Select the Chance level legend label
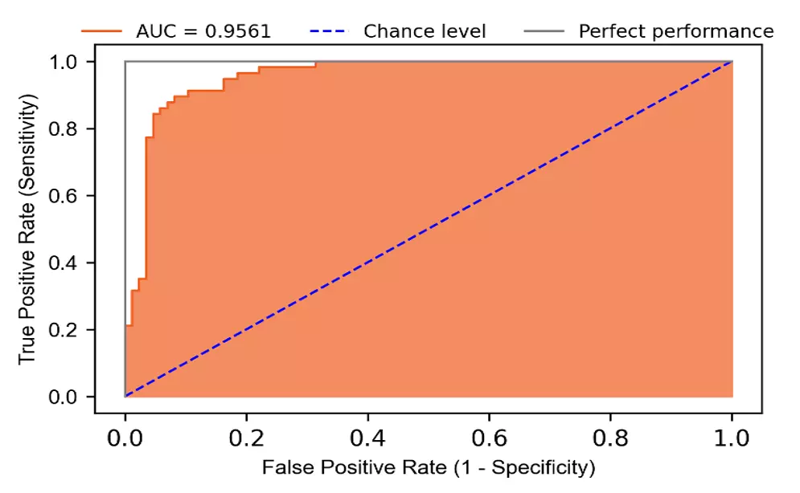[x=425, y=31]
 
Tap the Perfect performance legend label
[x=676, y=31]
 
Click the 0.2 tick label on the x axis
[x=246, y=438]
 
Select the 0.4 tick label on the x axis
[x=367, y=438]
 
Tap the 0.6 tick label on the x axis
[x=489, y=438]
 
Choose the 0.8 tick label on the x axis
[x=610, y=438]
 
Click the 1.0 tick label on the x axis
[x=731, y=438]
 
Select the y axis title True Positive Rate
[x=29, y=229]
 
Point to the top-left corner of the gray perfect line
[x=125, y=62]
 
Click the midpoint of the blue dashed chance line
[x=429, y=229]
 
